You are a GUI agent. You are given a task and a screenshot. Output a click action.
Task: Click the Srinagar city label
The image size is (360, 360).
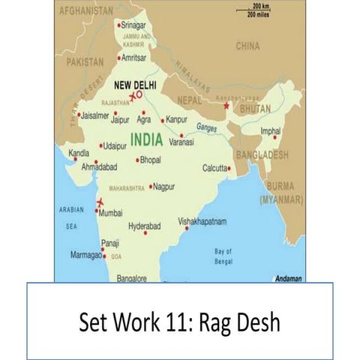pos(134,25)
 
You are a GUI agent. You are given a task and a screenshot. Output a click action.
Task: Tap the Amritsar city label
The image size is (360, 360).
pos(133,58)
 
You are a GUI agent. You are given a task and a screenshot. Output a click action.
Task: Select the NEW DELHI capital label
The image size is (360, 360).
pos(134,85)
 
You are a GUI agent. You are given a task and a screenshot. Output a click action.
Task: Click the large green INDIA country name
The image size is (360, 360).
pos(154,139)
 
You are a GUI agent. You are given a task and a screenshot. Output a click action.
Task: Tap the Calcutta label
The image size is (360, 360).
pos(214,169)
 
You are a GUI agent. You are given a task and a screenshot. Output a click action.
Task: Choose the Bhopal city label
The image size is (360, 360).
pos(151,160)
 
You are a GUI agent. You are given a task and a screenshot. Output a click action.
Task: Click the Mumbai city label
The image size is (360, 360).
pos(110,213)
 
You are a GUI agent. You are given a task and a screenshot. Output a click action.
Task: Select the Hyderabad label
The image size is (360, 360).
pos(145,226)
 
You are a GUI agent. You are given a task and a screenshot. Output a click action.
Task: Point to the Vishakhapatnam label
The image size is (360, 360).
pos(202,222)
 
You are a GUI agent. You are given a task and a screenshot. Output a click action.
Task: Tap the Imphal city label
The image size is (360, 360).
pos(270,130)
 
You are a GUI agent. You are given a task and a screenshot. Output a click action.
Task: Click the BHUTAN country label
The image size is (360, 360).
pos(255,109)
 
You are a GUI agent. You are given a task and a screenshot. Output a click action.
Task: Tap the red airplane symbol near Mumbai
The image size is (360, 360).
pos(100,203)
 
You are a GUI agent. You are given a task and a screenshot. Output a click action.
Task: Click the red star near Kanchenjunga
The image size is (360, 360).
pos(226,105)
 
